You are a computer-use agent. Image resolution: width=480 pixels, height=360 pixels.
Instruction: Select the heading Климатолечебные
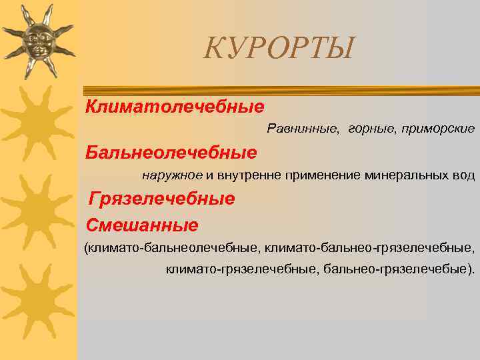tap(175, 106)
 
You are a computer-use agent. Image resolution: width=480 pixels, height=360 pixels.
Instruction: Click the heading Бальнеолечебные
tap(171, 153)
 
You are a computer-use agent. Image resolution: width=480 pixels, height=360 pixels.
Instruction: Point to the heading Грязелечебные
tap(162, 199)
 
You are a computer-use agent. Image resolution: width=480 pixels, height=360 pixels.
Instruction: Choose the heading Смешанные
tap(141, 225)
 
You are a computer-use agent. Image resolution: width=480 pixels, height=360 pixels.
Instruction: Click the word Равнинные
tap(303, 127)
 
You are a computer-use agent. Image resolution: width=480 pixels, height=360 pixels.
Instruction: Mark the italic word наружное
tap(171, 175)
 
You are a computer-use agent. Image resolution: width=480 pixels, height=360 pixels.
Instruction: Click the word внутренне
tap(250, 175)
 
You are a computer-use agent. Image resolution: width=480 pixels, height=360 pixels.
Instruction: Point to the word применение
tap(323, 175)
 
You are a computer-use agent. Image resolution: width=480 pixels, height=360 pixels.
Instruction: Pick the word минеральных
tap(408, 175)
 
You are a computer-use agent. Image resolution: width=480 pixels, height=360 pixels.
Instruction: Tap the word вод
tap(464, 175)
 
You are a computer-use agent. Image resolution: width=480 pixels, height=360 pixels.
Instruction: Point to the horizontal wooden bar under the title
tap(280, 89)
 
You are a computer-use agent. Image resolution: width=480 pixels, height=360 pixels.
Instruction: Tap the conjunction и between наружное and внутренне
tap(209, 175)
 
